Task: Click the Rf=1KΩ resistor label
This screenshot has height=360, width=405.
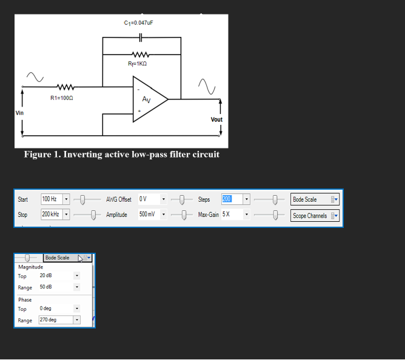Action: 137,64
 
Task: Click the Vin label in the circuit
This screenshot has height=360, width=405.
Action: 19,113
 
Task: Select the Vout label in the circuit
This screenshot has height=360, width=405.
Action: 216,119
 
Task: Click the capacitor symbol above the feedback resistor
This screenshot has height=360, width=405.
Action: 141,38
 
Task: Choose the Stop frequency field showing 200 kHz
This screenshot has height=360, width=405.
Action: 51,215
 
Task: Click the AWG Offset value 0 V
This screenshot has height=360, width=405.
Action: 149,199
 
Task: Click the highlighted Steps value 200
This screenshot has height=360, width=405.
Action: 227,199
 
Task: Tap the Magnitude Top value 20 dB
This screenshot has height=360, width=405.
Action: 55,276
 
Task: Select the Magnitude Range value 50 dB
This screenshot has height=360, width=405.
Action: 55,287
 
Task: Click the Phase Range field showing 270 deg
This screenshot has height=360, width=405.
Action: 55,320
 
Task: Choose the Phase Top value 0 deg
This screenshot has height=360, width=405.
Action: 55,308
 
